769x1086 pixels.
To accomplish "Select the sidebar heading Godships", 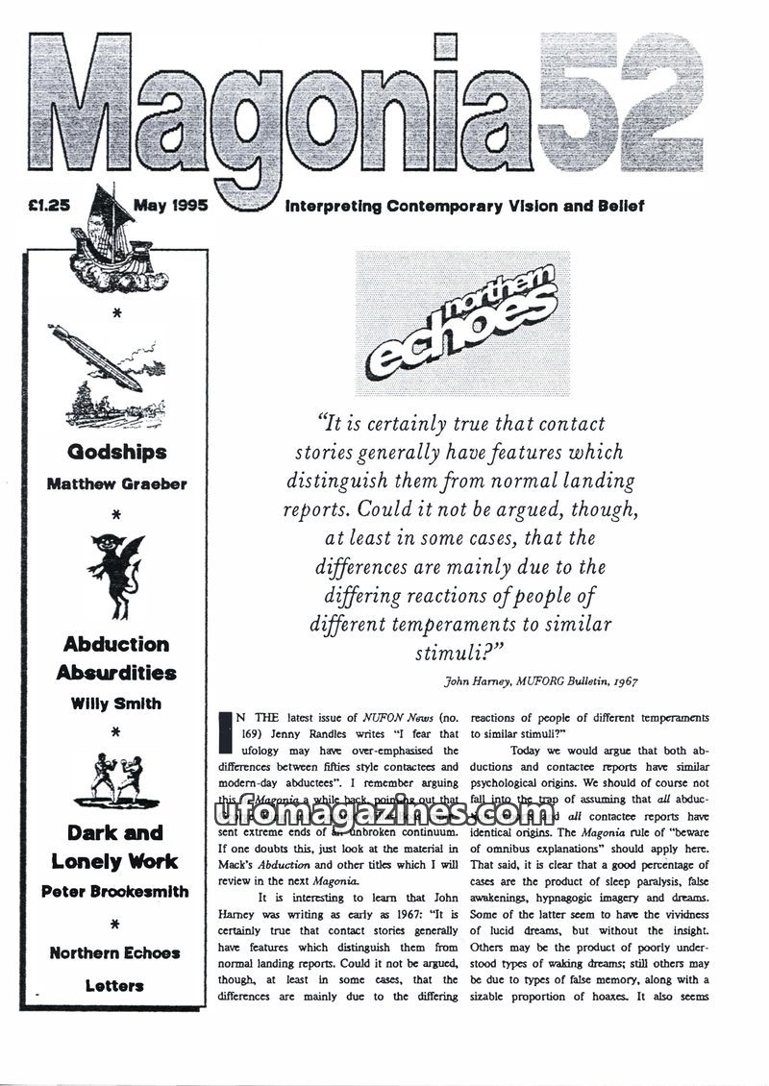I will click(117, 452).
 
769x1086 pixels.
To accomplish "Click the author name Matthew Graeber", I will click(117, 484).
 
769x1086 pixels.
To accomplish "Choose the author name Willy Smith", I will click(116, 703).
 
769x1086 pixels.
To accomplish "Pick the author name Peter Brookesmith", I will click(115, 892).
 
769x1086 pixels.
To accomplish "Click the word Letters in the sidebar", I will click(114, 985).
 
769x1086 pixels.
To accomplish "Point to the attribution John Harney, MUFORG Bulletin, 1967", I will click(540, 681).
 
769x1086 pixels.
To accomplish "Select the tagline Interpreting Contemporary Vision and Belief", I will click(464, 206).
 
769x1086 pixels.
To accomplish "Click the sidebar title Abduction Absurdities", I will click(116, 658).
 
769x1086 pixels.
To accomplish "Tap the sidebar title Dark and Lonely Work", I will click(115, 847).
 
